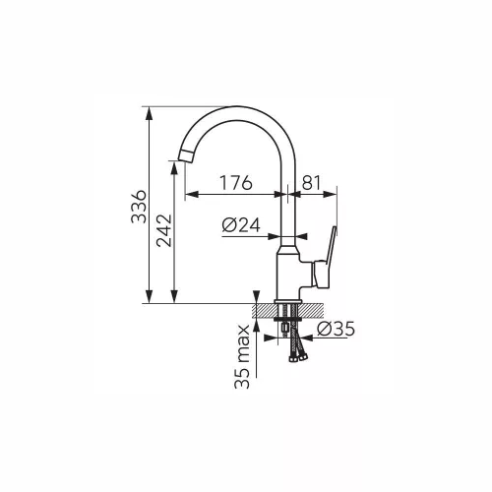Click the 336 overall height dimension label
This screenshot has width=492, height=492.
(139, 207)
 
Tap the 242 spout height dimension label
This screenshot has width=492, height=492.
(164, 230)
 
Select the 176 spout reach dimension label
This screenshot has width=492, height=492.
(236, 183)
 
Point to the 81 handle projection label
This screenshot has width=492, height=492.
(311, 183)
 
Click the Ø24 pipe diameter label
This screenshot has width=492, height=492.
(241, 225)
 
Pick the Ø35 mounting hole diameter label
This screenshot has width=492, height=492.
(336, 329)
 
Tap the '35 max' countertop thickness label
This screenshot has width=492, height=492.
(242, 356)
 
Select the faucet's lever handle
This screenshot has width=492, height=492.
(326, 258)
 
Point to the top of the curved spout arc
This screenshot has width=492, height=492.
(236, 106)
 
